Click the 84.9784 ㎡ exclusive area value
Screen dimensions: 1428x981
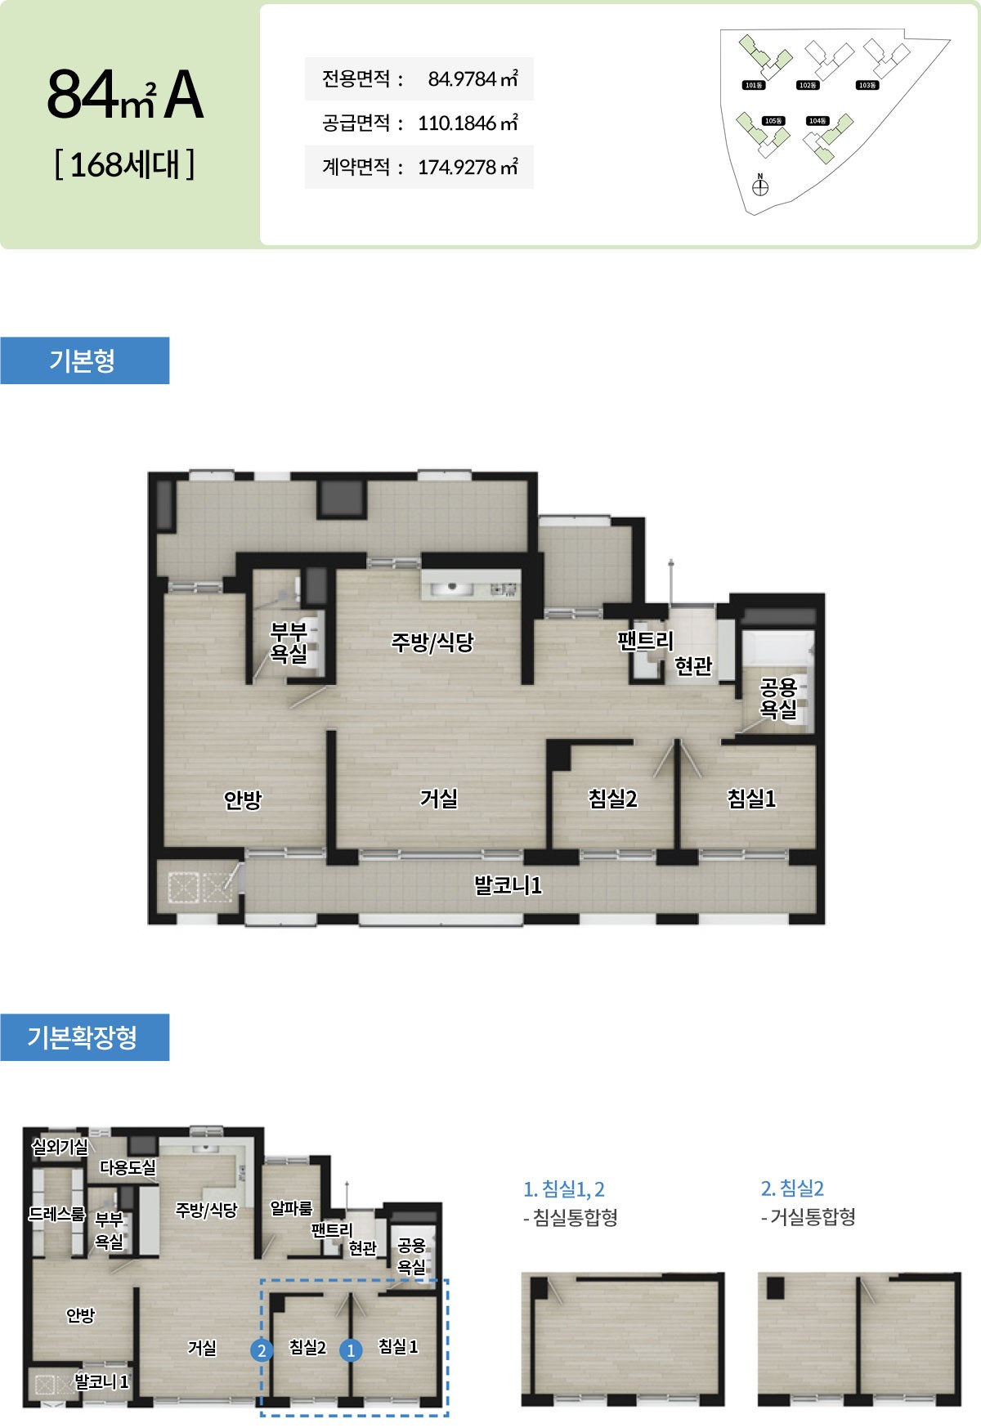click(473, 79)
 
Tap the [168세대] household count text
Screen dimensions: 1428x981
click(124, 164)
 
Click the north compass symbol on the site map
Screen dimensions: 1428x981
click(760, 186)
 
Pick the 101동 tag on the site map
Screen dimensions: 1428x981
click(753, 85)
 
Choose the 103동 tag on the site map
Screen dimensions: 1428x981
click(867, 85)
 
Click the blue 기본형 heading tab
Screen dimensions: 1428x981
click(84, 360)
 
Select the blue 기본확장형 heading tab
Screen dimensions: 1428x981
click(84, 1037)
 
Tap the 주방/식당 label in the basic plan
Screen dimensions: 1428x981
click(432, 642)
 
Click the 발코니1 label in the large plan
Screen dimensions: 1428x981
click(508, 885)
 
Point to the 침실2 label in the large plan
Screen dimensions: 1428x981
click(612, 799)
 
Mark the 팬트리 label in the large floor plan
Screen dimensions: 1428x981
click(645, 640)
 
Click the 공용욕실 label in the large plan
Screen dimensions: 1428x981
click(778, 698)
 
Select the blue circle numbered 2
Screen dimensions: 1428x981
click(262, 1350)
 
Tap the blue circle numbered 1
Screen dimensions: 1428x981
click(351, 1350)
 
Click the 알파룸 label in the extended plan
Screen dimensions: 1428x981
click(291, 1208)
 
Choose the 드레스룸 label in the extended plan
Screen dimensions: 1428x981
click(57, 1214)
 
